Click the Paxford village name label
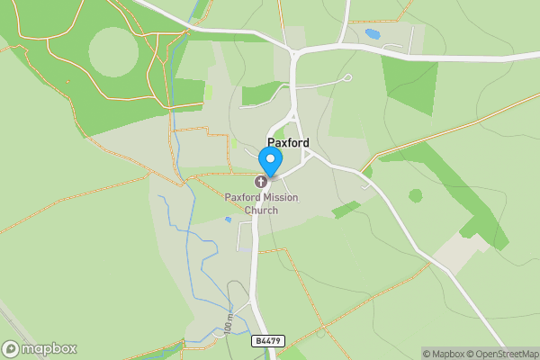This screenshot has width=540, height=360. pos(288,143)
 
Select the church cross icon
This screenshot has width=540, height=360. pos(261,183)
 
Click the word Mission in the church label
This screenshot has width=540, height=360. pos(280,198)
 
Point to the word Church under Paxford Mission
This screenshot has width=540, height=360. pos(260,211)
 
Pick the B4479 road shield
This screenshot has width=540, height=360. pos(267,341)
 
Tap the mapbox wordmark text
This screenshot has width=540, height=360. pos(49,349)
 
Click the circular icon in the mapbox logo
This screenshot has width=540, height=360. pos(12,349)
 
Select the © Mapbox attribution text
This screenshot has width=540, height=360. pos(443,354)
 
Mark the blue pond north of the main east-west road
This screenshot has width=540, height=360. pos(373,34)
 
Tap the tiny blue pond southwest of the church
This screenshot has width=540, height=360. pos(228,219)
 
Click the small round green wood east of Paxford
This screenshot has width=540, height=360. pos(415,195)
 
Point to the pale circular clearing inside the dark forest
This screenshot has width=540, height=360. pos(114,50)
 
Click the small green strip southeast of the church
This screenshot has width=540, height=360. pos(346,210)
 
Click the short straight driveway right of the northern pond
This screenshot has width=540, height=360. pos(411,37)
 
